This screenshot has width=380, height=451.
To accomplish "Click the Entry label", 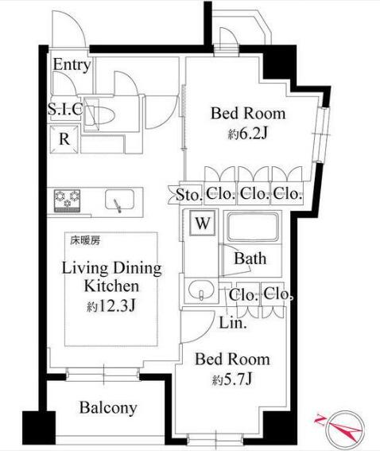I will click(x=72, y=65).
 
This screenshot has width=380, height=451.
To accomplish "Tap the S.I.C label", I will click(x=65, y=109).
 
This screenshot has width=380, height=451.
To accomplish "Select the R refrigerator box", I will click(x=63, y=138).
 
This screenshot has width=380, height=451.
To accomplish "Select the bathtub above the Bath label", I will click(x=255, y=229).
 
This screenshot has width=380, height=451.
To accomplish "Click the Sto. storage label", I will click(x=188, y=192).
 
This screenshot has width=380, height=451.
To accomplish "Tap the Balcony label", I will click(x=108, y=409).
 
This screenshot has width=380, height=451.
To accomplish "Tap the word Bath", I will click(x=250, y=259).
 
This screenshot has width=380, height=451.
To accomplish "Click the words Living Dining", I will click(x=111, y=267).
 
